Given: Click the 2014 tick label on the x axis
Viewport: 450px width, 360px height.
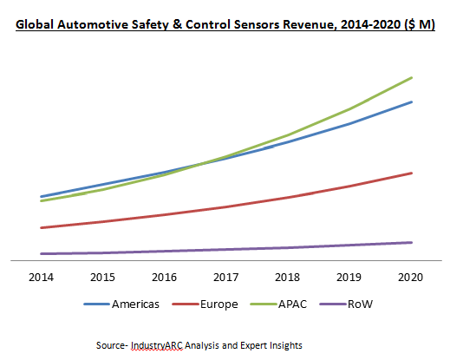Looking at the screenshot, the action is tap(41, 278).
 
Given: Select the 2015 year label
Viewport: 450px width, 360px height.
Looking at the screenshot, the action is tap(102, 278).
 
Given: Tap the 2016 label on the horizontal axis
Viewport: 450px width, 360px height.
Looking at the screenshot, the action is tap(164, 278).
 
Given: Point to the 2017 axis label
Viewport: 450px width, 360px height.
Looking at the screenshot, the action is tap(225, 278).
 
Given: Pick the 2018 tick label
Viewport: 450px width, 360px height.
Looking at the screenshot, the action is tap(287, 278).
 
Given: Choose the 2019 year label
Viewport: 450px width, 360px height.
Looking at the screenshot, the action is tap(349, 278).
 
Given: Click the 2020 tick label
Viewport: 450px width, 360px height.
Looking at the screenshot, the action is tap(410, 278).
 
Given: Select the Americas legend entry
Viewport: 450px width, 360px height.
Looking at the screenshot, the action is tap(121, 304).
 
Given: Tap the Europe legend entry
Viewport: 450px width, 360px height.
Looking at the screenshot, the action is tap(205, 304).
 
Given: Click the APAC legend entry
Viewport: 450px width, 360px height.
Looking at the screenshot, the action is tap(278, 304).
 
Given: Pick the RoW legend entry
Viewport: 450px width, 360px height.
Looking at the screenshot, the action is tap(346, 304).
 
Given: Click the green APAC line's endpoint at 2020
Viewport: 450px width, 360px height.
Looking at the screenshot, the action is tap(411, 78).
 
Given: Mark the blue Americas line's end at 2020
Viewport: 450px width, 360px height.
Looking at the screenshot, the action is tap(411, 102).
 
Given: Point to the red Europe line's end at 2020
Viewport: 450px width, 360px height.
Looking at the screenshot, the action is tap(411, 173).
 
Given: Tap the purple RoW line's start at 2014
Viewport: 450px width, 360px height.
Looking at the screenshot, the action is tap(42, 254).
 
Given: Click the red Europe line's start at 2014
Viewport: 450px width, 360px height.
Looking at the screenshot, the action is tap(42, 228).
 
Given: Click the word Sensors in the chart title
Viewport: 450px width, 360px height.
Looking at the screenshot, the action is tap(257, 24).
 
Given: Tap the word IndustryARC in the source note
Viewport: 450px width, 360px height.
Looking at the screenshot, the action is tap(157, 345).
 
